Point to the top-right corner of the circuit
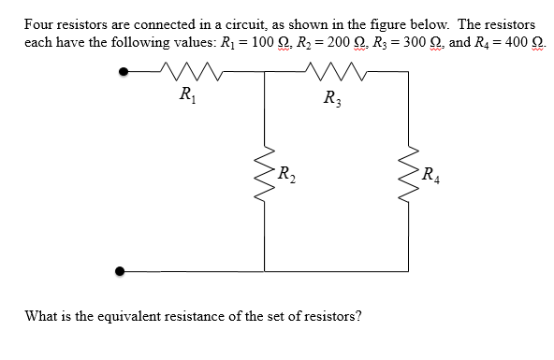pyautogui.click(x=409, y=71)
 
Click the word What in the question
pyautogui.click(x=44, y=316)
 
